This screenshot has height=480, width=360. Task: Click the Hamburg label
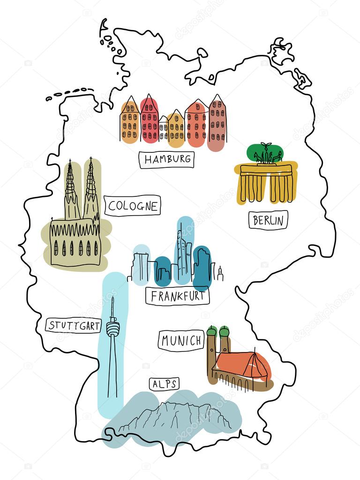(167, 159)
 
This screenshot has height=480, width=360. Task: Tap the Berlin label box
(268, 220)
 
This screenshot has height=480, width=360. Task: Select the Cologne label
(133, 206)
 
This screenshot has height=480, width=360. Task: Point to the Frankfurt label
(177, 296)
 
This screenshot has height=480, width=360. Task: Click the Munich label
(181, 340)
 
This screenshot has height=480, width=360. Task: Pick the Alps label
(165, 384)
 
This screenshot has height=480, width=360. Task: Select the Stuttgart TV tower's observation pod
(112, 327)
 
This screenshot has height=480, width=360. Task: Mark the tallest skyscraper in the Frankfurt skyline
(182, 253)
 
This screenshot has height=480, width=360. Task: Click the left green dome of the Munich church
(212, 332)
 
